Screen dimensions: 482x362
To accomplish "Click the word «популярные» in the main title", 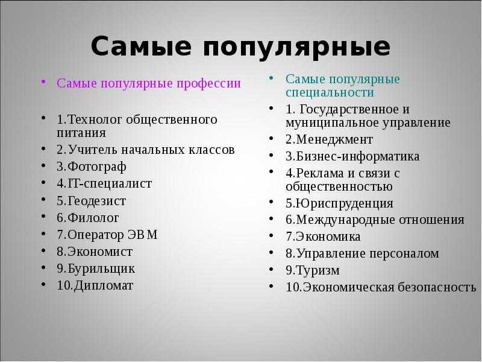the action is (296, 47).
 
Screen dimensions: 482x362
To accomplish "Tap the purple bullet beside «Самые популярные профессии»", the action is (43, 82).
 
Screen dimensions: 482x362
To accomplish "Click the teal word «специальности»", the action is (330, 92).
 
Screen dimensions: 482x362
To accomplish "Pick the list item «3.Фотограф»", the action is (92, 167).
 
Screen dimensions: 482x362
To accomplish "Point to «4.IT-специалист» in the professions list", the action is (104, 184).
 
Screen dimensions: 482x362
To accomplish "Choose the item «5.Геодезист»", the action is (92, 201).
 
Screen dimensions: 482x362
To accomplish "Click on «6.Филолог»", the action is (87, 218).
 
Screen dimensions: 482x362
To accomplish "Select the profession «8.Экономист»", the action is (95, 252).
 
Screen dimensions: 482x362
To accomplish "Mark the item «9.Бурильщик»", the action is (96, 268).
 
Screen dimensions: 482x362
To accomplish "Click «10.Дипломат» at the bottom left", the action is (95, 285).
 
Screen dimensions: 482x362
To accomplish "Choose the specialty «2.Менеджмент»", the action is (329, 140).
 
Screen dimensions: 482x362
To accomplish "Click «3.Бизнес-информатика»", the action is (352, 156).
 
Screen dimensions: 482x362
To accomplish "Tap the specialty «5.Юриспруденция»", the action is (339, 204).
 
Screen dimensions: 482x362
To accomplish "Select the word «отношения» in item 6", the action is (431, 220).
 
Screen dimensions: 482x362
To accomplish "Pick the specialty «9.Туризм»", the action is (313, 270).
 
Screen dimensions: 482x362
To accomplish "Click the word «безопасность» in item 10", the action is (437, 287).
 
